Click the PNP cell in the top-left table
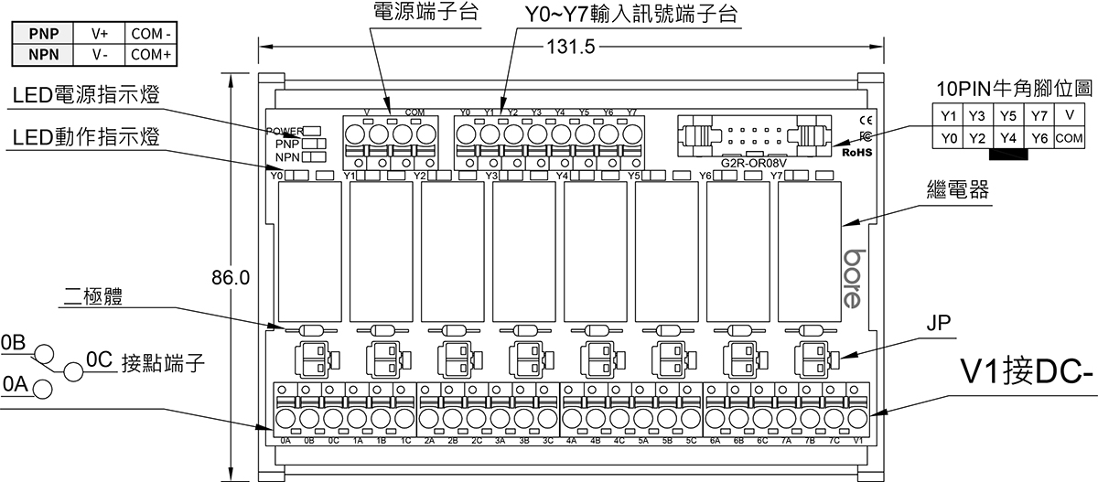point(43,33)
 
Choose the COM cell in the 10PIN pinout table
point(1068,138)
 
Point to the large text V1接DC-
point(1027,373)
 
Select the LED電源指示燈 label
point(83,96)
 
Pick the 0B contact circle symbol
point(43,356)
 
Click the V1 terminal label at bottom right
point(857,440)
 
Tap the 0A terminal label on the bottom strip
point(285,440)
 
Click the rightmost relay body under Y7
point(809,249)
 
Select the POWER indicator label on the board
point(285,131)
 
